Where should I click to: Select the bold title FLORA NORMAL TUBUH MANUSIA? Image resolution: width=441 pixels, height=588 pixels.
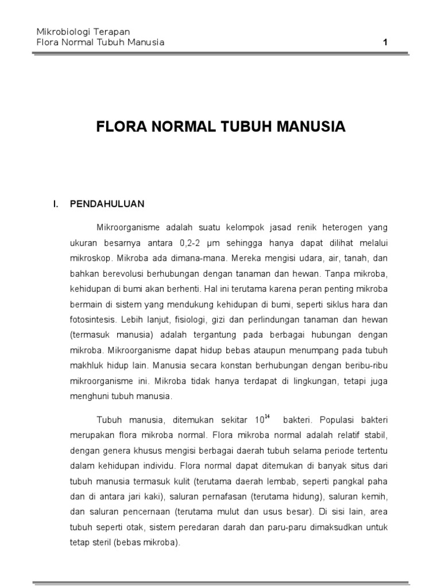[220, 127]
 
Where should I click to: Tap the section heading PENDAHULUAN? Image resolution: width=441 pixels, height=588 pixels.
[107, 203]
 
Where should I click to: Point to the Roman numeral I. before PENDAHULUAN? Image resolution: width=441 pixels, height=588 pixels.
[56, 203]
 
